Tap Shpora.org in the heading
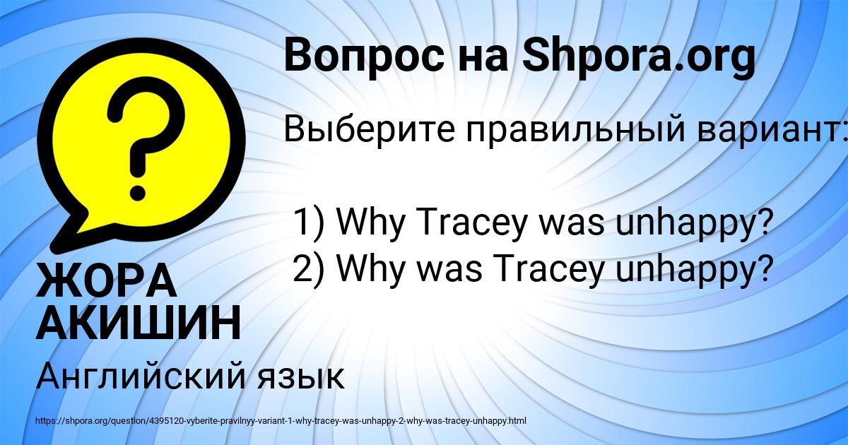tap(638, 57)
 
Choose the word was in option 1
tap(573, 225)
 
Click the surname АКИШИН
tap(139, 323)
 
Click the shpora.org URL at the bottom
tap(281, 421)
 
